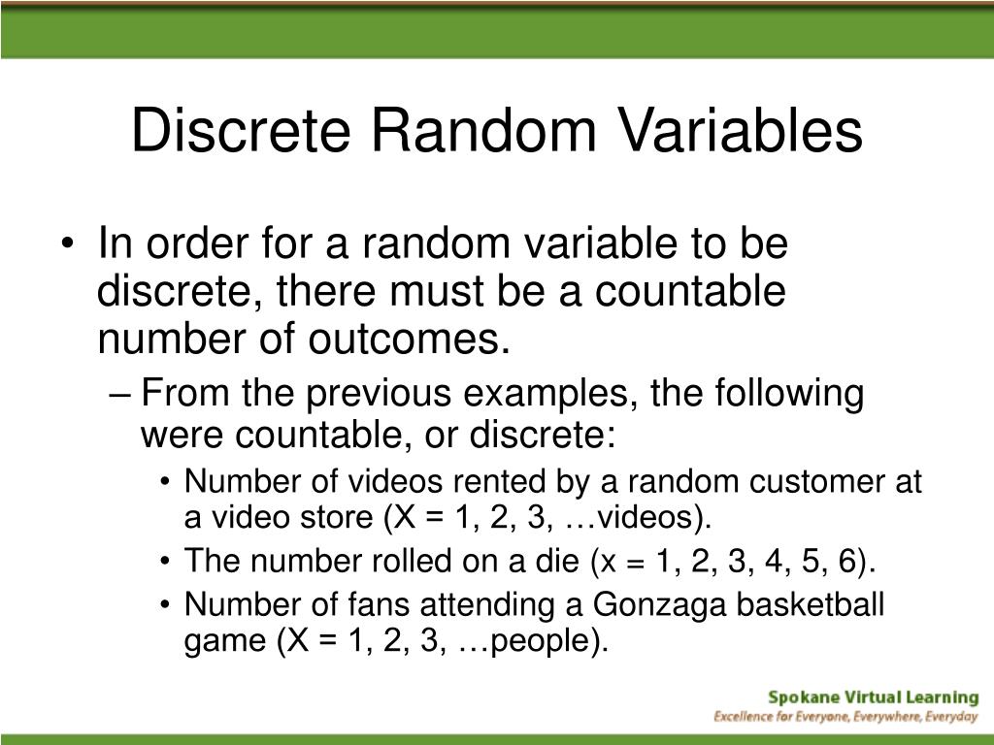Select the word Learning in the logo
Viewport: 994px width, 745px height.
coord(941,696)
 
